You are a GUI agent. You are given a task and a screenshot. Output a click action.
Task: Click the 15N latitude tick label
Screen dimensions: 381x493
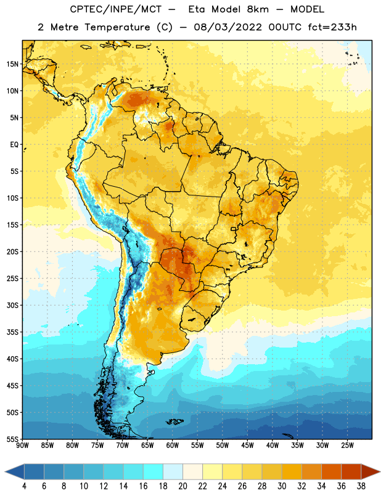[x=12, y=64]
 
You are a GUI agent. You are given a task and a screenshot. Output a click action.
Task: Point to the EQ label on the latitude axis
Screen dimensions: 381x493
[x=14, y=145]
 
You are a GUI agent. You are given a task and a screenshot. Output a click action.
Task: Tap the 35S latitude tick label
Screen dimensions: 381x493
[x=12, y=332]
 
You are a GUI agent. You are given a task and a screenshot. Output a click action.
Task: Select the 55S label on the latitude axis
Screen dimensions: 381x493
[x=12, y=439]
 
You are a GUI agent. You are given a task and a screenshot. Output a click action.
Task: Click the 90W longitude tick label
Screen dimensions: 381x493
[x=23, y=446]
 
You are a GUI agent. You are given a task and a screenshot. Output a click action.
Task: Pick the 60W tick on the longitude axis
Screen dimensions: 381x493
[x=173, y=446]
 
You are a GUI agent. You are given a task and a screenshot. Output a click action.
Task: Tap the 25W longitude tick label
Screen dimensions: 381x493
[x=347, y=446]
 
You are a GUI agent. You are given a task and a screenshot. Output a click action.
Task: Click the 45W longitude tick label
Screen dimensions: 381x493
[x=247, y=446]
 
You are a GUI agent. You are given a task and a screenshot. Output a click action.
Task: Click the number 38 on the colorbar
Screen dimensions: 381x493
[x=361, y=486]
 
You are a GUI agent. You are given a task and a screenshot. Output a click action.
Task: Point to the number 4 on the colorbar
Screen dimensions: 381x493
[x=24, y=486]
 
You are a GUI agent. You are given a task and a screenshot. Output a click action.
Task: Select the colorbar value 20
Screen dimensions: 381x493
[x=182, y=486]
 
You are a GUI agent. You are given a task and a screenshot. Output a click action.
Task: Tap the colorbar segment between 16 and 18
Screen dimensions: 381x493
[x=154, y=471]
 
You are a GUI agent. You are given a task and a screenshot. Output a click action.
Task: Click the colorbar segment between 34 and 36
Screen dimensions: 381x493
[x=331, y=471]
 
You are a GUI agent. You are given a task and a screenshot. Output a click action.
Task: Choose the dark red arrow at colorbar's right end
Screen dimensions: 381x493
[x=370, y=471]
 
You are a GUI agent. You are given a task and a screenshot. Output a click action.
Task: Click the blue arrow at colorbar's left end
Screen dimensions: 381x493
[x=15, y=471]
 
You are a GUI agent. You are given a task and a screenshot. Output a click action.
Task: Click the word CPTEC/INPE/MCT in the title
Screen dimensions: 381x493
[x=115, y=9]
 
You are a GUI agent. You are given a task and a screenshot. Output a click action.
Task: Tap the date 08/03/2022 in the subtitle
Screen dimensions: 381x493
[x=227, y=27]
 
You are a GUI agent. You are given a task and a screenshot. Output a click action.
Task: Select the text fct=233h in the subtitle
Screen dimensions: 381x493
[x=332, y=27]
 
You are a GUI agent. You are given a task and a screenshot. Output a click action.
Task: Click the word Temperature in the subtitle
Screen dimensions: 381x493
[x=117, y=27]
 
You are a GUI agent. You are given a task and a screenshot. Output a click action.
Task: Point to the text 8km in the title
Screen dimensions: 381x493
[x=258, y=9]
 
